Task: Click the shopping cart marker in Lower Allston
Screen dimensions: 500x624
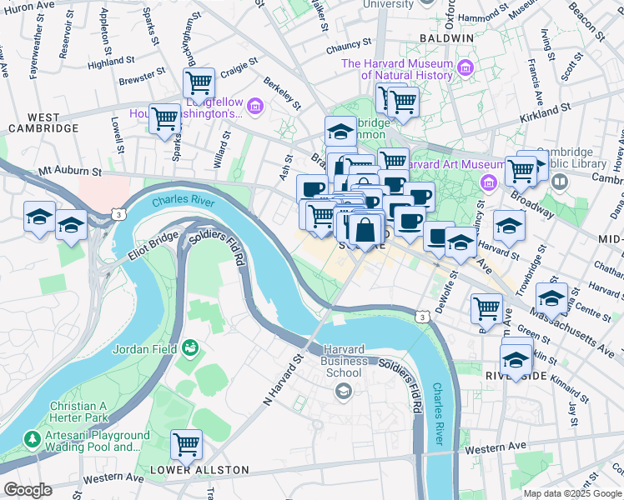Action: click(x=186, y=443)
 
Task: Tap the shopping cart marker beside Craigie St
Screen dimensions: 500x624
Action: click(x=199, y=82)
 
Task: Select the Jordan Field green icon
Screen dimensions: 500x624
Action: click(x=190, y=347)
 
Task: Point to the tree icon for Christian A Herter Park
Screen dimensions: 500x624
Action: click(x=32, y=437)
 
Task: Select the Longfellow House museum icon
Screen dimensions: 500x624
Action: click(x=254, y=106)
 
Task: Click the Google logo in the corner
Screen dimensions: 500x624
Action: click(x=28, y=490)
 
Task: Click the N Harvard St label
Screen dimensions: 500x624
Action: click(x=282, y=380)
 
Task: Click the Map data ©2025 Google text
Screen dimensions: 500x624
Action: click(x=571, y=493)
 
